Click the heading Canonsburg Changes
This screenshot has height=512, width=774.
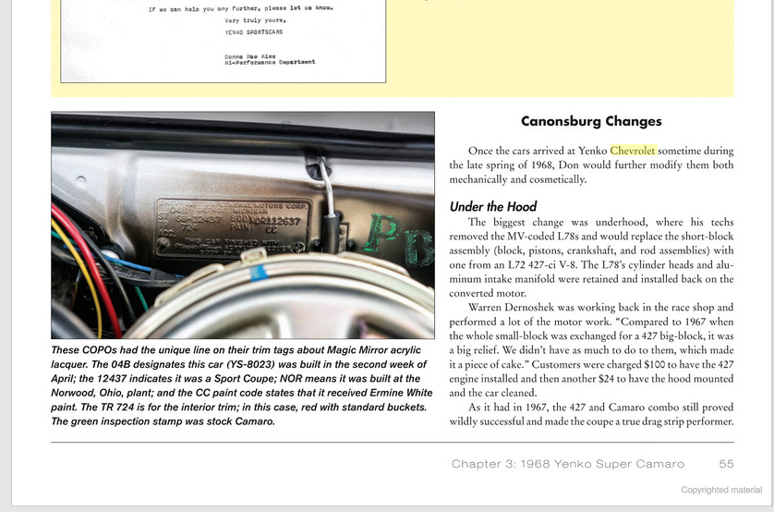pos(591,121)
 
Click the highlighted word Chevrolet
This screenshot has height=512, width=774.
pos(633,151)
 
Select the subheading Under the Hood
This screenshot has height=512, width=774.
pos(493,206)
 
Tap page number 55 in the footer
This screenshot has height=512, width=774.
pos(725,463)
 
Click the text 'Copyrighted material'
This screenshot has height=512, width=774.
pos(721,490)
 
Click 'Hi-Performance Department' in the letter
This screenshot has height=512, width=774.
pos(270,62)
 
